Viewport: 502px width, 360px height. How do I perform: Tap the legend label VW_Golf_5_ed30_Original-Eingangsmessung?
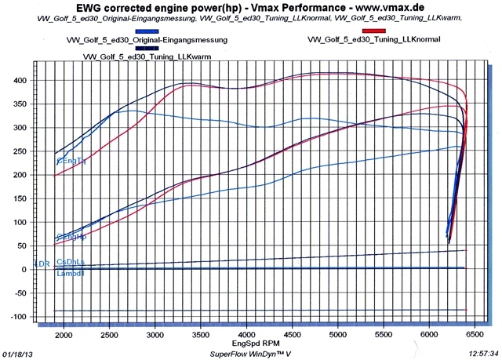[x=146, y=39]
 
